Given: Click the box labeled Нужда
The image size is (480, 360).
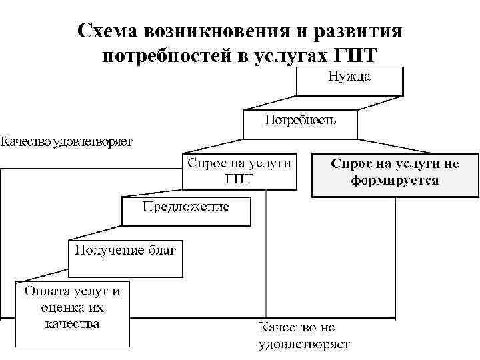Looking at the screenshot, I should click(x=349, y=81).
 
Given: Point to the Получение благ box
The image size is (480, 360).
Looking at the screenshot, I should click(x=125, y=257).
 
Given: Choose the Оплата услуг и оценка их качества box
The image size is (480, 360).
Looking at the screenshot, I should click(x=72, y=313).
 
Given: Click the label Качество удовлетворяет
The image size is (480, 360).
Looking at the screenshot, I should click(x=67, y=141).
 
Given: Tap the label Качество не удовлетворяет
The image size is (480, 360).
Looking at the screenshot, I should click(x=303, y=336).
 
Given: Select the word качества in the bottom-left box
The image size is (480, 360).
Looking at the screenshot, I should click(x=72, y=324).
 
